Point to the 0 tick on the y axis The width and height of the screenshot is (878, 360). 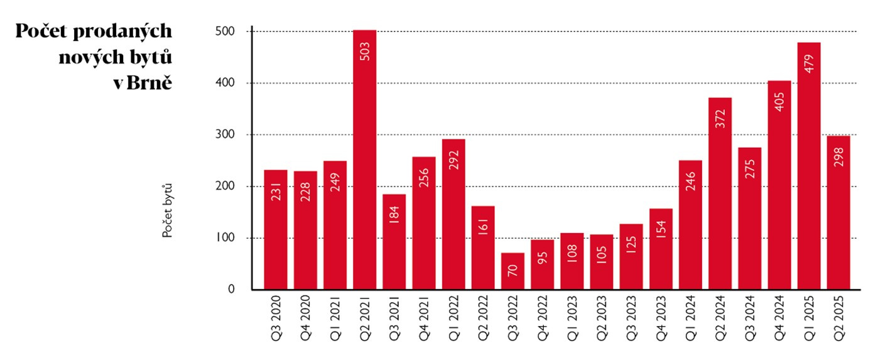coord(231,290)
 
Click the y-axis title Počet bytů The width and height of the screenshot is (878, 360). coord(167,210)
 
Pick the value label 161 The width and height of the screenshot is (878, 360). coord(484,226)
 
